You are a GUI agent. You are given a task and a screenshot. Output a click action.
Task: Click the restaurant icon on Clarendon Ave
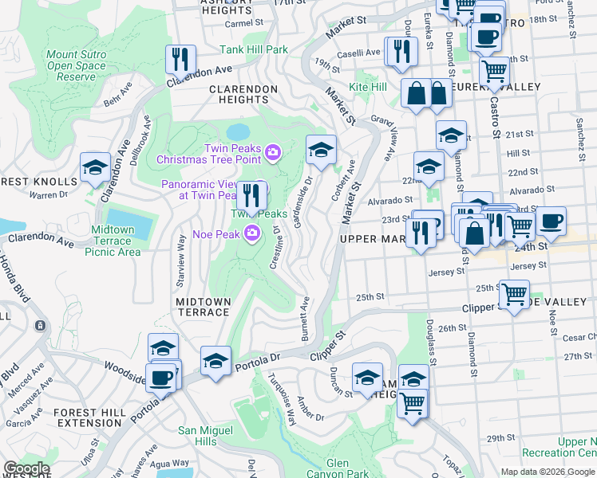[x=180, y=59]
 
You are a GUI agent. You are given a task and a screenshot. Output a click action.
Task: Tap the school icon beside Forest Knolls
[x=95, y=167]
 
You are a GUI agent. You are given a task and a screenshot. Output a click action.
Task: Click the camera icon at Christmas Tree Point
[x=274, y=152]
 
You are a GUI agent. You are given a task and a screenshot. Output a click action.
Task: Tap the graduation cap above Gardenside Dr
[x=321, y=149]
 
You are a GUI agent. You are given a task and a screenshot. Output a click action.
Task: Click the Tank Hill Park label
[x=254, y=49]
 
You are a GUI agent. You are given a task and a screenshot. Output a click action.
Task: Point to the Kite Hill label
[x=368, y=86]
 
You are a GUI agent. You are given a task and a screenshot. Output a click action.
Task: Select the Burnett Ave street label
[x=305, y=319]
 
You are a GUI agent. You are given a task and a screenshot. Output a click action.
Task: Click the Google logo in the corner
[x=26, y=468]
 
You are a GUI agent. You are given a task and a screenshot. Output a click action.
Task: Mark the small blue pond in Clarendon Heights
[x=237, y=131]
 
